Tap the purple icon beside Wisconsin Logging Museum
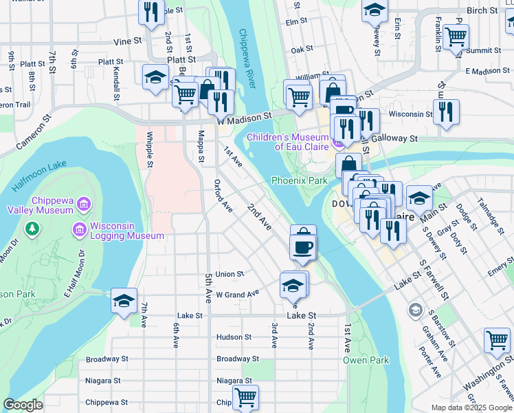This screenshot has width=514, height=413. pos(78,228)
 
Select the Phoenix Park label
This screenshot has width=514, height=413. pos(299,180)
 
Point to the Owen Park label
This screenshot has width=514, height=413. pos(366,360)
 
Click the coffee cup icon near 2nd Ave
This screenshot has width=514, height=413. pos(303,246)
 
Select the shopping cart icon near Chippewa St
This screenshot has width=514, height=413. pos(245,397)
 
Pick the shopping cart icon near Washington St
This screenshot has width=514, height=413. pos(497,339)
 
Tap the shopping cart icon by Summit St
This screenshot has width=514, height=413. pos(456,36)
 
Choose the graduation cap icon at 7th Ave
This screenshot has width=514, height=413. pos(124,300)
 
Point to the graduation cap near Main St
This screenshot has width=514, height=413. pos(418,198)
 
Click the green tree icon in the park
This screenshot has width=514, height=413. pos(31,228)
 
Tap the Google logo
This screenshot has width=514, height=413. pos(23,405)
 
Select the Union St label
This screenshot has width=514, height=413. pos(230,274)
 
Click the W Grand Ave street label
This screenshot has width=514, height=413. pos(237,293)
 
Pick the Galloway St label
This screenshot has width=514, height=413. pos(395,138)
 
